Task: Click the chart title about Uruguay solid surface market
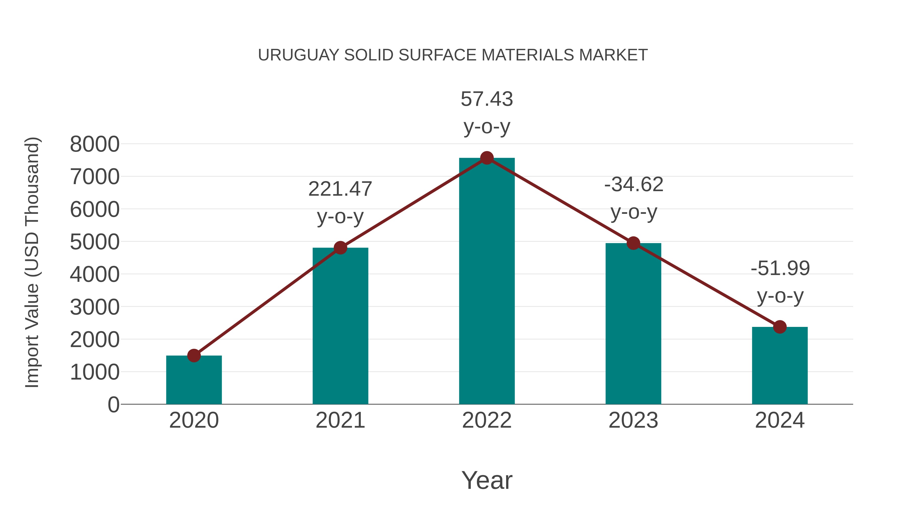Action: coord(453,55)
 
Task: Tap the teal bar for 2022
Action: coord(487,282)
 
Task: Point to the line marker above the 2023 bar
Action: coord(633,243)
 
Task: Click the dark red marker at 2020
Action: coord(194,355)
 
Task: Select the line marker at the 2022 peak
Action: coord(487,158)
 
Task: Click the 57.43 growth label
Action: coord(487,112)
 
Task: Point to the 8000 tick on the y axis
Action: coord(95,144)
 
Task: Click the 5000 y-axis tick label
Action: coord(95,242)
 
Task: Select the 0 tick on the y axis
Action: coord(113,404)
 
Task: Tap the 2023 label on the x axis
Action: coord(633,420)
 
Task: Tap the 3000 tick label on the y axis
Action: coord(95,307)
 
